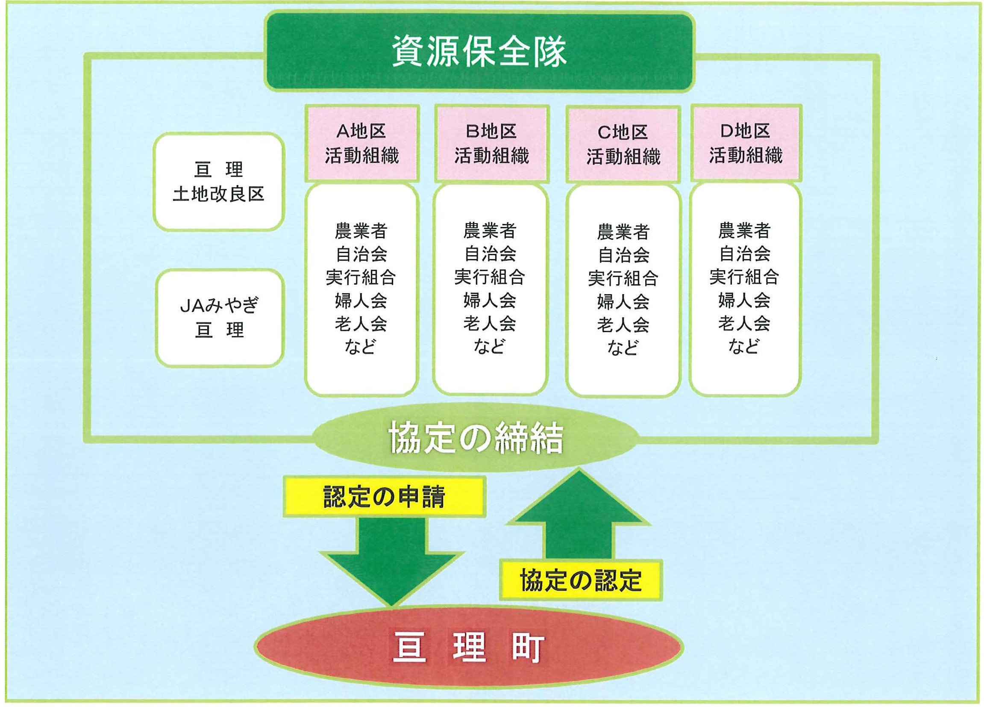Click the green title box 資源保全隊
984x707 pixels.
tap(479, 52)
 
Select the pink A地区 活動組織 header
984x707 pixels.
tap(362, 143)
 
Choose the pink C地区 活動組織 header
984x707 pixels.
tap(623, 144)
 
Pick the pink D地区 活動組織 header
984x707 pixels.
tap(746, 143)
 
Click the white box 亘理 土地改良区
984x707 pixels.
tap(219, 181)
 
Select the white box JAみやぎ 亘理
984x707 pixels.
tap(220, 318)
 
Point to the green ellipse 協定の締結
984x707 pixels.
tap(476, 437)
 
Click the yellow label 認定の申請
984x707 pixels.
tap(384, 497)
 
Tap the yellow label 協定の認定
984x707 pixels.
tap(581, 580)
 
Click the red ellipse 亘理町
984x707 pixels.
tap(469, 647)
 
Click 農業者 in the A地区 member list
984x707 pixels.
tap(361, 231)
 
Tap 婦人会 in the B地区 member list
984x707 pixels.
tap(490, 300)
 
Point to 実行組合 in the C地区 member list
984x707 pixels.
tap(623, 278)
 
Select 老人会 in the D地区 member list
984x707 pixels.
tap(744, 323)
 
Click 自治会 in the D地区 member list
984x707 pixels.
tap(744, 253)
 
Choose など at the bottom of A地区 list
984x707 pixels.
tap(360, 346)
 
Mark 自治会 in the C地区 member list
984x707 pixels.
tap(623, 255)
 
